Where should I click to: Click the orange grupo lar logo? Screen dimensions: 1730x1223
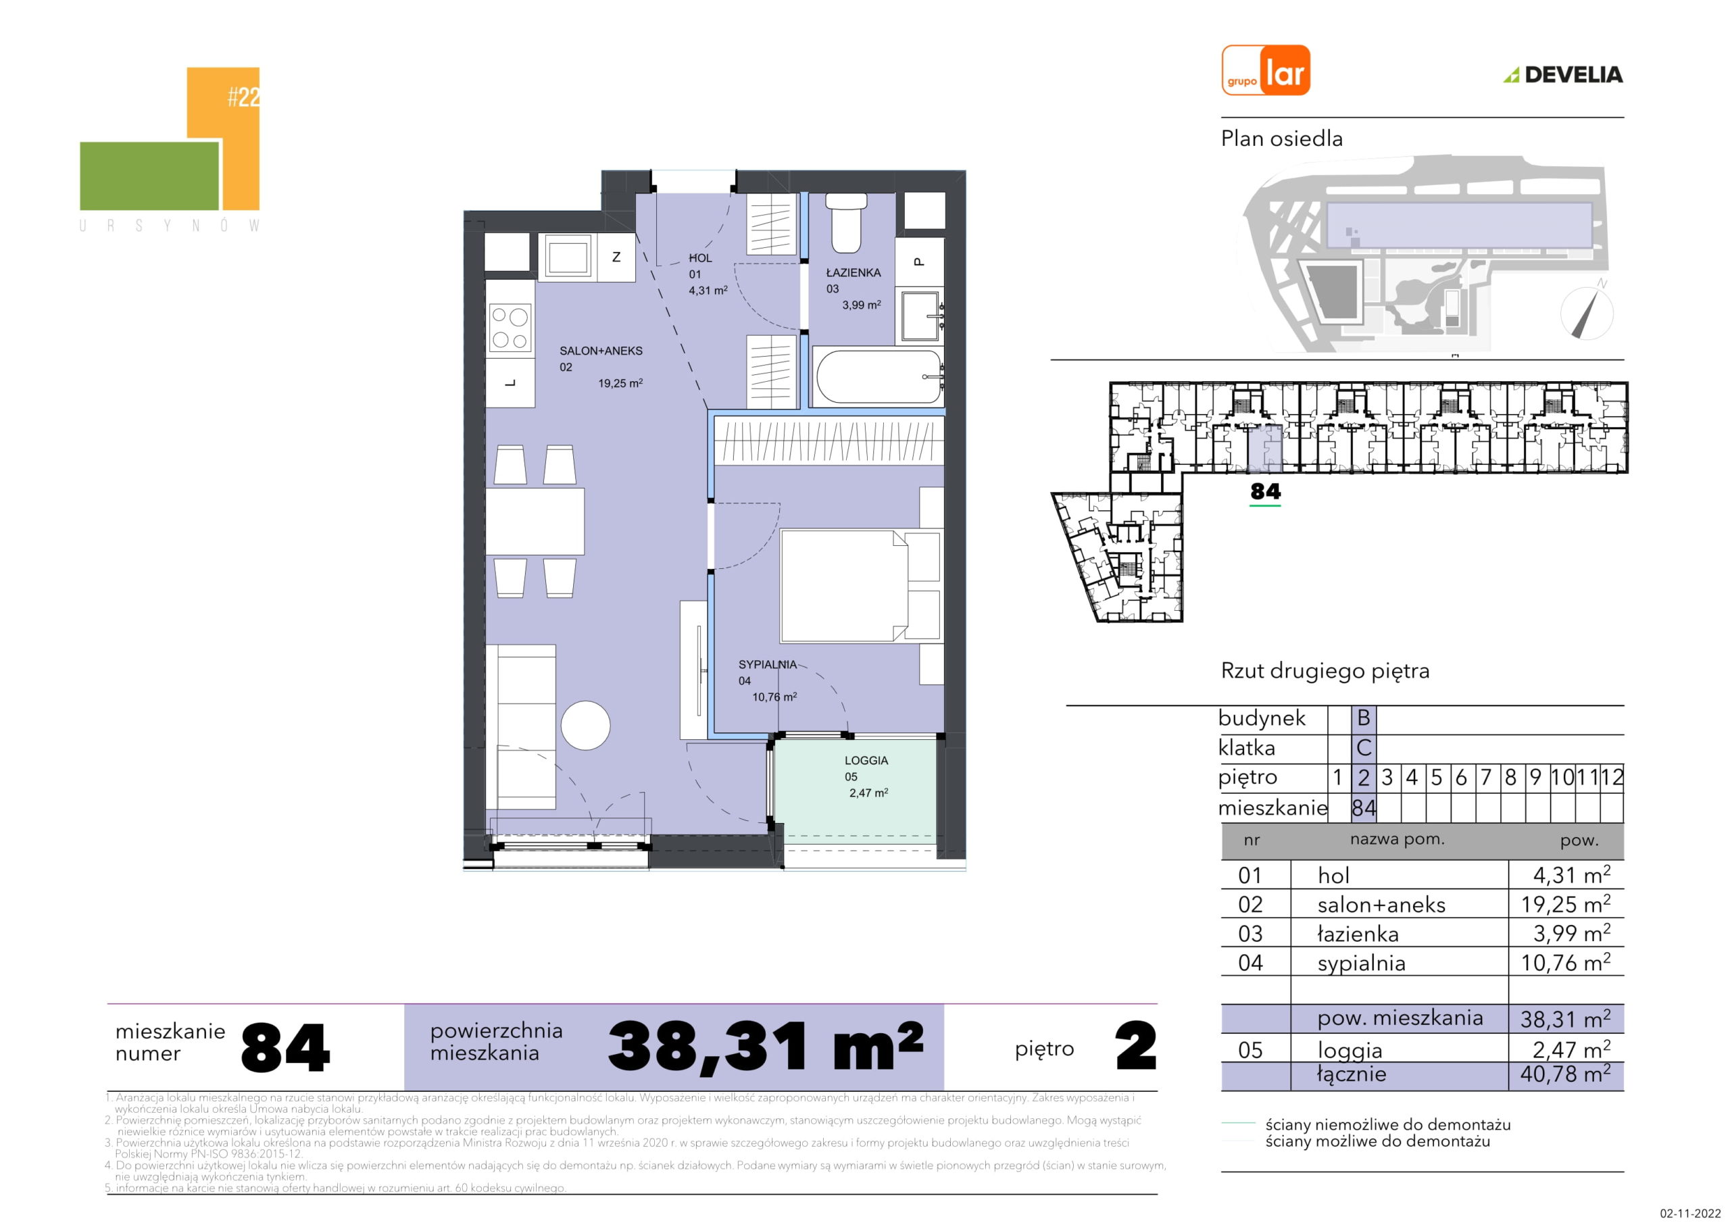[1266, 70]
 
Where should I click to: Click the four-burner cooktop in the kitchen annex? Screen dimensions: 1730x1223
[511, 328]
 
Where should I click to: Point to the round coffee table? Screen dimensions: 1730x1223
[585, 726]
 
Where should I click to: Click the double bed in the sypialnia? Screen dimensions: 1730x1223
[860, 586]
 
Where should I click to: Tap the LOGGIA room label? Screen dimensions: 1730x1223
[866, 760]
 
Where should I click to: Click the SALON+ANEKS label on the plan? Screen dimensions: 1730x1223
[601, 351]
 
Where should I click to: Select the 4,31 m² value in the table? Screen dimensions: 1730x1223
[1572, 875]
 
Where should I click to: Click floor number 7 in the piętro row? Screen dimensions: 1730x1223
[1486, 777]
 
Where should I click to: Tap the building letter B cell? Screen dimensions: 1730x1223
[1363, 718]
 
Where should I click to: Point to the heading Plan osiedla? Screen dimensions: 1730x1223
[1282, 139]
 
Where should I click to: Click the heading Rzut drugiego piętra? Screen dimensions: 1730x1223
[1325, 672]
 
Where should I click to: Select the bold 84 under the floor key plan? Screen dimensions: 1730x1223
[1265, 491]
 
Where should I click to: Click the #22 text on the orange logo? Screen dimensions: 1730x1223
[243, 98]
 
